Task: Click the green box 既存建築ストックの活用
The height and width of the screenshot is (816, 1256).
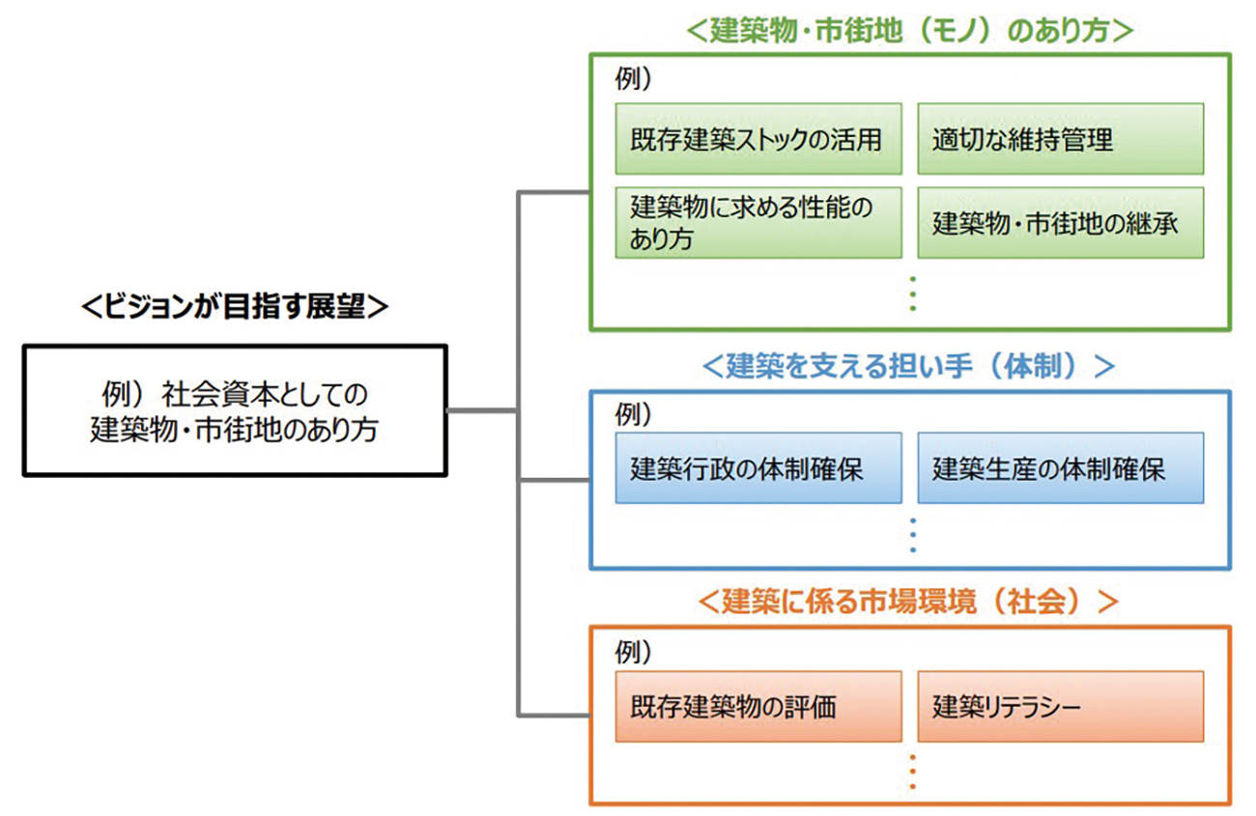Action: [758, 138]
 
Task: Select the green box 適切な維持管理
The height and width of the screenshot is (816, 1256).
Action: [1060, 138]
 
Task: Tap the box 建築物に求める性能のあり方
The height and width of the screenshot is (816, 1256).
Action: [758, 222]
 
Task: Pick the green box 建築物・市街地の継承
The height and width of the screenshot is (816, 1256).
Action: [1060, 222]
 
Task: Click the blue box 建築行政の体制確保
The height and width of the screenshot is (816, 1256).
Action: [758, 468]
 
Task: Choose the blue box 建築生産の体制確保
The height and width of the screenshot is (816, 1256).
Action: [1060, 468]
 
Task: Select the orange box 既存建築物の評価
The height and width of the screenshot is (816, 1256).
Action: [758, 706]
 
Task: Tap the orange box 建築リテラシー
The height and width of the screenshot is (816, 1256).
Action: [1060, 706]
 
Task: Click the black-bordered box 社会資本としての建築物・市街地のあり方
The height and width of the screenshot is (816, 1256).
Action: [235, 410]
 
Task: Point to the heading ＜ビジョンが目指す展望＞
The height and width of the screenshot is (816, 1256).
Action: [235, 306]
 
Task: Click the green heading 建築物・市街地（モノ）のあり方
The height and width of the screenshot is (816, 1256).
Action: [909, 30]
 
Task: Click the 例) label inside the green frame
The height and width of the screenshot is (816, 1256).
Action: [633, 78]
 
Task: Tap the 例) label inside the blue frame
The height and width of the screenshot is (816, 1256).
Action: [633, 414]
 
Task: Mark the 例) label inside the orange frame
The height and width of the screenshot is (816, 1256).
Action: [633, 652]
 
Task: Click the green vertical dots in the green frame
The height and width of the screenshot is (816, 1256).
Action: [913, 294]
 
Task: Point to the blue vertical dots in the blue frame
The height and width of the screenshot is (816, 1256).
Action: [913, 536]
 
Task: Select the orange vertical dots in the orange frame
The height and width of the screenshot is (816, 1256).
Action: [913, 773]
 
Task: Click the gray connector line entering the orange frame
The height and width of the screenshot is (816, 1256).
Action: [554, 716]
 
